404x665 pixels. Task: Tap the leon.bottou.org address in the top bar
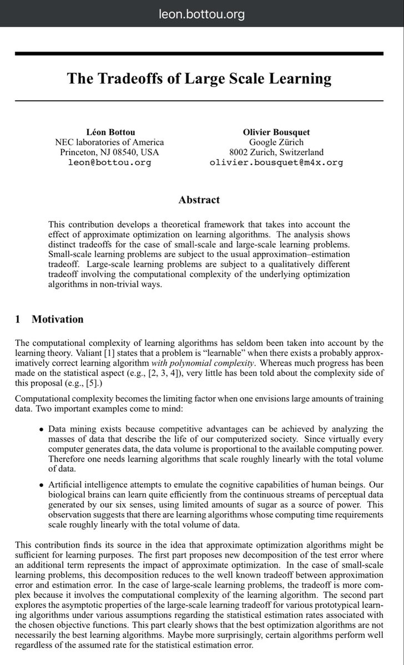tap(201, 14)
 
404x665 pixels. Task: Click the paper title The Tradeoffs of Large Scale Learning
tap(199, 78)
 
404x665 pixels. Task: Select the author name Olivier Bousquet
tap(276, 132)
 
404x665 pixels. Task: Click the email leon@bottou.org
tap(109, 162)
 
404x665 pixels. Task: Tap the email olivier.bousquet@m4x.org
tap(276, 162)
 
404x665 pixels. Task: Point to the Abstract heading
tap(199, 200)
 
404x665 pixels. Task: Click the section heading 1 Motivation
tap(49, 319)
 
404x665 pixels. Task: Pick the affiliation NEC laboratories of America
tap(109, 142)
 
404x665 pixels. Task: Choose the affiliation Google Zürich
tap(276, 142)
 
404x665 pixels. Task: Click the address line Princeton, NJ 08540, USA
tap(109, 152)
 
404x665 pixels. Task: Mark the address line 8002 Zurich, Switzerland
tap(276, 152)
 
